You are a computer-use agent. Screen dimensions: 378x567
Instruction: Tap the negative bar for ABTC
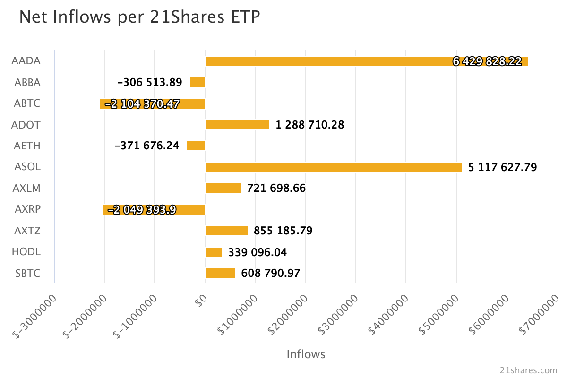(x=153, y=104)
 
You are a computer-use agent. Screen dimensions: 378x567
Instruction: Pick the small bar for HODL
(x=214, y=252)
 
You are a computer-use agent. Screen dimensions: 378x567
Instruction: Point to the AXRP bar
(x=154, y=210)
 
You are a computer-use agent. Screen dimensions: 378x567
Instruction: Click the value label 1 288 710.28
(x=310, y=125)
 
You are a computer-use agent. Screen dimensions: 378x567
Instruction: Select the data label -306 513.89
(x=150, y=83)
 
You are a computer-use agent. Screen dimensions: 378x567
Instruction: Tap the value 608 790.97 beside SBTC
(x=270, y=274)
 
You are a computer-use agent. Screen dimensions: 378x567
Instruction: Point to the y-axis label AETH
(x=27, y=146)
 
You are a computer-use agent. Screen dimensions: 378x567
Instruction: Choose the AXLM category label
(x=27, y=189)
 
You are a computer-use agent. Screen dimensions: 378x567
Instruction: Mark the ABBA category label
(x=27, y=83)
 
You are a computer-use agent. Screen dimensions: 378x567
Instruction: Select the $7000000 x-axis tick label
(x=539, y=314)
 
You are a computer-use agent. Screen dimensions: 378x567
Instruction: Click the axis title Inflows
(x=306, y=354)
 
